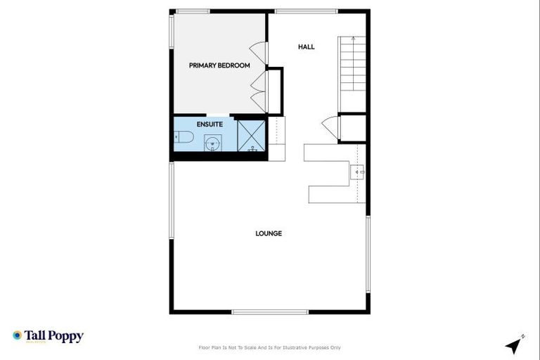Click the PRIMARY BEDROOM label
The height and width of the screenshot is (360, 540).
(219, 65)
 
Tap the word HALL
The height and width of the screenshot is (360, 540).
(306, 47)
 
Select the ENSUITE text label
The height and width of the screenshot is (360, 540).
(210, 124)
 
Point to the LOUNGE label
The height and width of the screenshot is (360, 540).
(269, 233)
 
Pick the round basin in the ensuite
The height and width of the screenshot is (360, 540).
(213, 144)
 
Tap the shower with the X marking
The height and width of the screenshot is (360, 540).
(251, 135)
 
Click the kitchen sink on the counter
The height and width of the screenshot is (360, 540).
(359, 171)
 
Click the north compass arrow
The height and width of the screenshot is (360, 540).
(515, 345)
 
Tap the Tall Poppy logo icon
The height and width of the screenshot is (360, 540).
(17, 336)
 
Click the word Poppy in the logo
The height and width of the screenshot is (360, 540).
(68, 337)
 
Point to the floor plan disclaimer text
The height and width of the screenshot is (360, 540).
(270, 347)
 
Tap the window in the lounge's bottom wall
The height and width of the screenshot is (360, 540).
(270, 311)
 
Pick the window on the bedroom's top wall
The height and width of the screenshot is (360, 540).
(193, 11)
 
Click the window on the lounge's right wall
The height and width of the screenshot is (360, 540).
(367, 253)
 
